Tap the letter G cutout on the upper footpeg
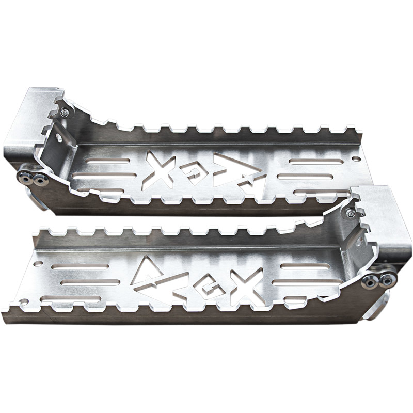click(x=195, y=176)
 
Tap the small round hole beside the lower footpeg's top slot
click(x=38, y=263)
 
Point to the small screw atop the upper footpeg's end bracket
click(x=65, y=113)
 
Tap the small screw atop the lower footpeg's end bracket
click(x=351, y=213)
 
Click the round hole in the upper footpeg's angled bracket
click(x=59, y=138)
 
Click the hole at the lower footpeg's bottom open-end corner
click(x=23, y=300)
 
